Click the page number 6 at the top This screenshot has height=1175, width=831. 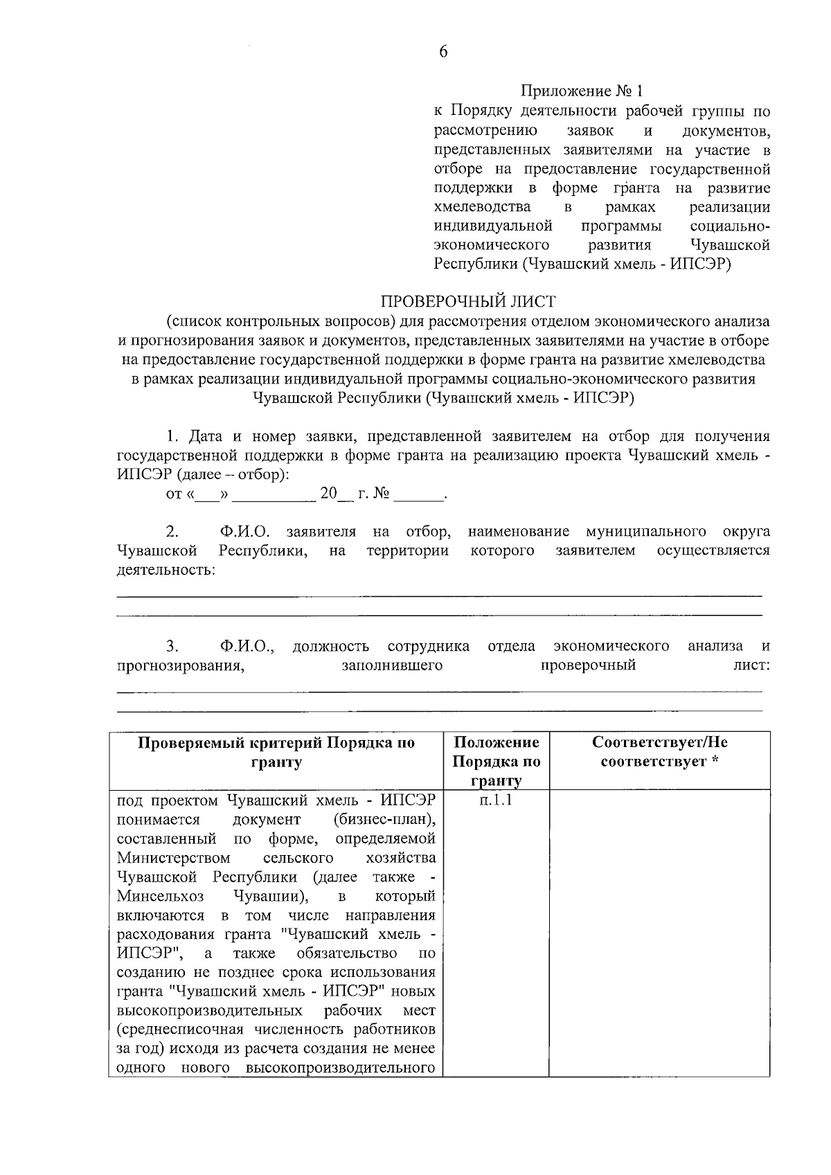click(443, 53)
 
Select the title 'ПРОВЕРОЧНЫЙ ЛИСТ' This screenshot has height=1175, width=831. click(468, 302)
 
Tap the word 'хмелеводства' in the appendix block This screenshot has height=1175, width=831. click(482, 207)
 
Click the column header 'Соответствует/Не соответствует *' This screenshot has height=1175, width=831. click(659, 752)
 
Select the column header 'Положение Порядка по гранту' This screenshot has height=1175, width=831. click(496, 761)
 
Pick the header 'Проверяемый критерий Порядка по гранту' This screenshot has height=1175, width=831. click(276, 752)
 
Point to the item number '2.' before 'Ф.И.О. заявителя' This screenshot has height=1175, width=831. click(172, 532)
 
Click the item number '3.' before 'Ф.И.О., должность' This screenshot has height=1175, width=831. click(172, 646)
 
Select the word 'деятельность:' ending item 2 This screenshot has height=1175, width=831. click(166, 571)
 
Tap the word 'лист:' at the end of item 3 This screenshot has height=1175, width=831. click(753, 665)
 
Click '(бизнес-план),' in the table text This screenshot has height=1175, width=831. click(384, 820)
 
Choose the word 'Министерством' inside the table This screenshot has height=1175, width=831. click(163, 858)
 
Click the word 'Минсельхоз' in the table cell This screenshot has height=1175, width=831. click(160, 896)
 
